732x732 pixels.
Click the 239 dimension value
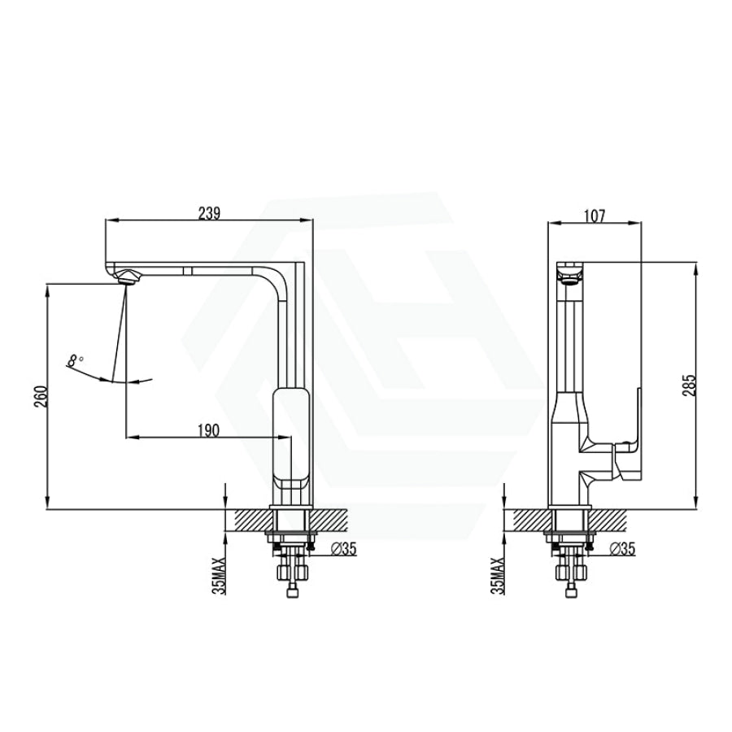209,213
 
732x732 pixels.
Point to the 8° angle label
75,360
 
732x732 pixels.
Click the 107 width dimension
594,216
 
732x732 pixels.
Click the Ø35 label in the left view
343,549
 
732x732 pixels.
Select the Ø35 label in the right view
622,549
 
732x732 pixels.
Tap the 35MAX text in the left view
219,576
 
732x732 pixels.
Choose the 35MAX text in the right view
498,576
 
